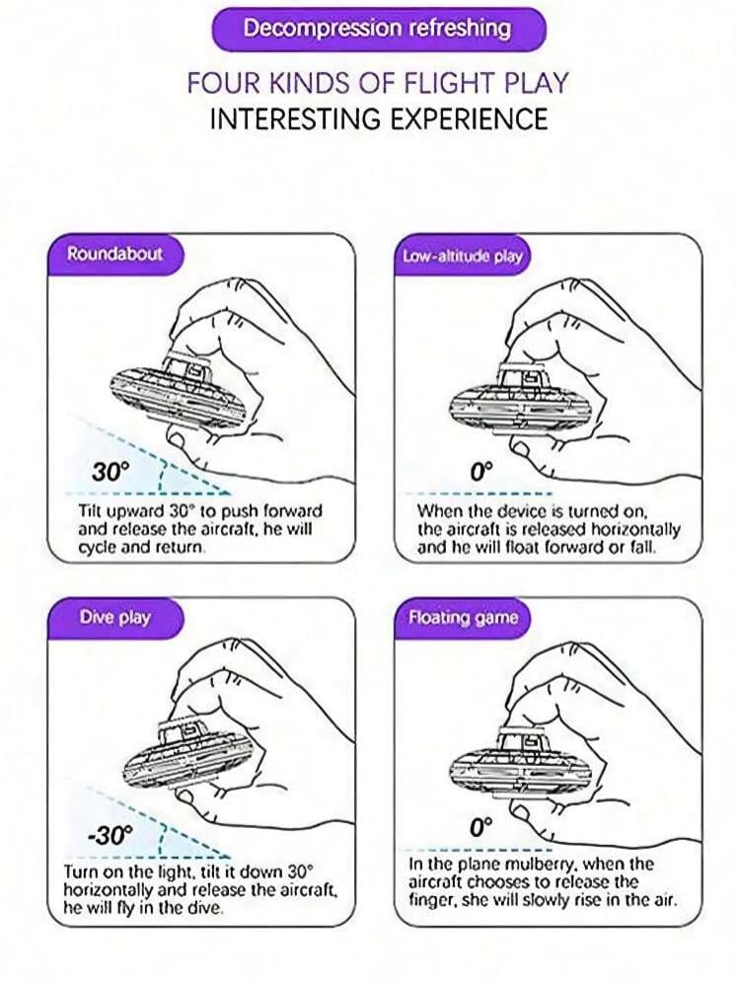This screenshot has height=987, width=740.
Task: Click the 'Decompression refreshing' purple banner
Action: (378, 29)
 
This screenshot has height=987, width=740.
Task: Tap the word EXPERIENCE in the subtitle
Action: (468, 119)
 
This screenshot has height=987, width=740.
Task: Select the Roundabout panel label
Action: (114, 255)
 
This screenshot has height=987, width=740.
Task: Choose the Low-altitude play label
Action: (463, 257)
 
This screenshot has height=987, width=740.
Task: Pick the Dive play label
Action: (115, 617)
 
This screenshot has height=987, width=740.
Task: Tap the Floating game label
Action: (463, 618)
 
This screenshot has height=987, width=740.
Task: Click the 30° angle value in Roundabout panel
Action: (111, 471)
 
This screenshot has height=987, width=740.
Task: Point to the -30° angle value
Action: (111, 835)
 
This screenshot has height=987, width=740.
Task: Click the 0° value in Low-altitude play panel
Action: (481, 470)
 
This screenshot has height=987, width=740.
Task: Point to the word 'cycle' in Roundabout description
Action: (98, 547)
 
